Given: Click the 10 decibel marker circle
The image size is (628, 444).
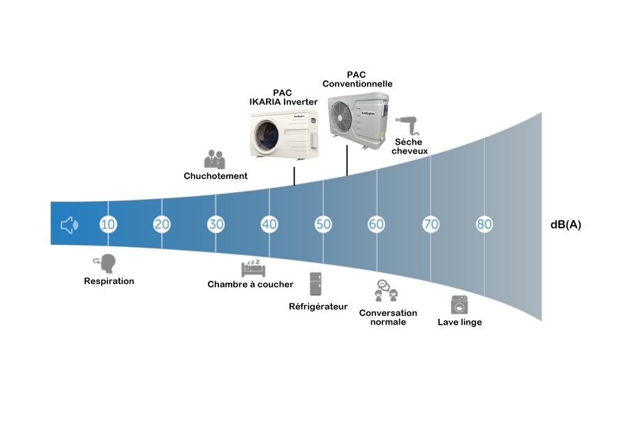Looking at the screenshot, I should click(x=107, y=224).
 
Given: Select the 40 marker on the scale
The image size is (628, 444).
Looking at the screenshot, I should click(x=269, y=224).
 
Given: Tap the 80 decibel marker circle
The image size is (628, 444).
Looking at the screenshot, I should click(x=484, y=224).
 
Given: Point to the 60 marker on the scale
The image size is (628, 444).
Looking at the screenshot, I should click(x=376, y=224).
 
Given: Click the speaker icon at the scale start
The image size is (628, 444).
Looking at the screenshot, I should click(x=69, y=225).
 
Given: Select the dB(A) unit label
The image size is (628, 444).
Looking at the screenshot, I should click(x=565, y=225).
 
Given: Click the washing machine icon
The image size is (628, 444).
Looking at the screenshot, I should click(x=459, y=305).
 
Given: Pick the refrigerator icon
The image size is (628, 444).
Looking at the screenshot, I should click(x=317, y=283).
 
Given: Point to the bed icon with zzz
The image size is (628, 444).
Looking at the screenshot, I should click(x=251, y=268).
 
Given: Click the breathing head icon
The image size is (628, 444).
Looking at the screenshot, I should click(x=105, y=264).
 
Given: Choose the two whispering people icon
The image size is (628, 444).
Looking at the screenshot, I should click(x=214, y=159).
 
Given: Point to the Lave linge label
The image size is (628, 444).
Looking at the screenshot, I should click(x=459, y=322).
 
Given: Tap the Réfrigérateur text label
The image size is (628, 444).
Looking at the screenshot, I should click(x=317, y=306).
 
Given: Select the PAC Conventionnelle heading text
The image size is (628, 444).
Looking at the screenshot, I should click(x=357, y=80).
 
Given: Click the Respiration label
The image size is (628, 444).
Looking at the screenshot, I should click(x=109, y=281).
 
